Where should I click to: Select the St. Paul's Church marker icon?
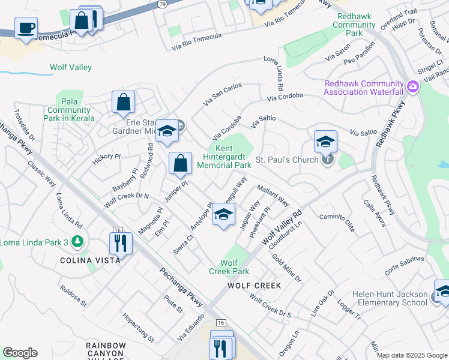click(327, 160)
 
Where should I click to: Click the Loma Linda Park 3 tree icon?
click(76, 242)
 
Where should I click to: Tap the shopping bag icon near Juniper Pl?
click(180, 163)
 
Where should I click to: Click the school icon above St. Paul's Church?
click(325, 142)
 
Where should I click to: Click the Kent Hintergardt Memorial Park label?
click(224, 156)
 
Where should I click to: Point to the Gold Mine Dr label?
click(286, 268)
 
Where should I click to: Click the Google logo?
click(20, 353)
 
